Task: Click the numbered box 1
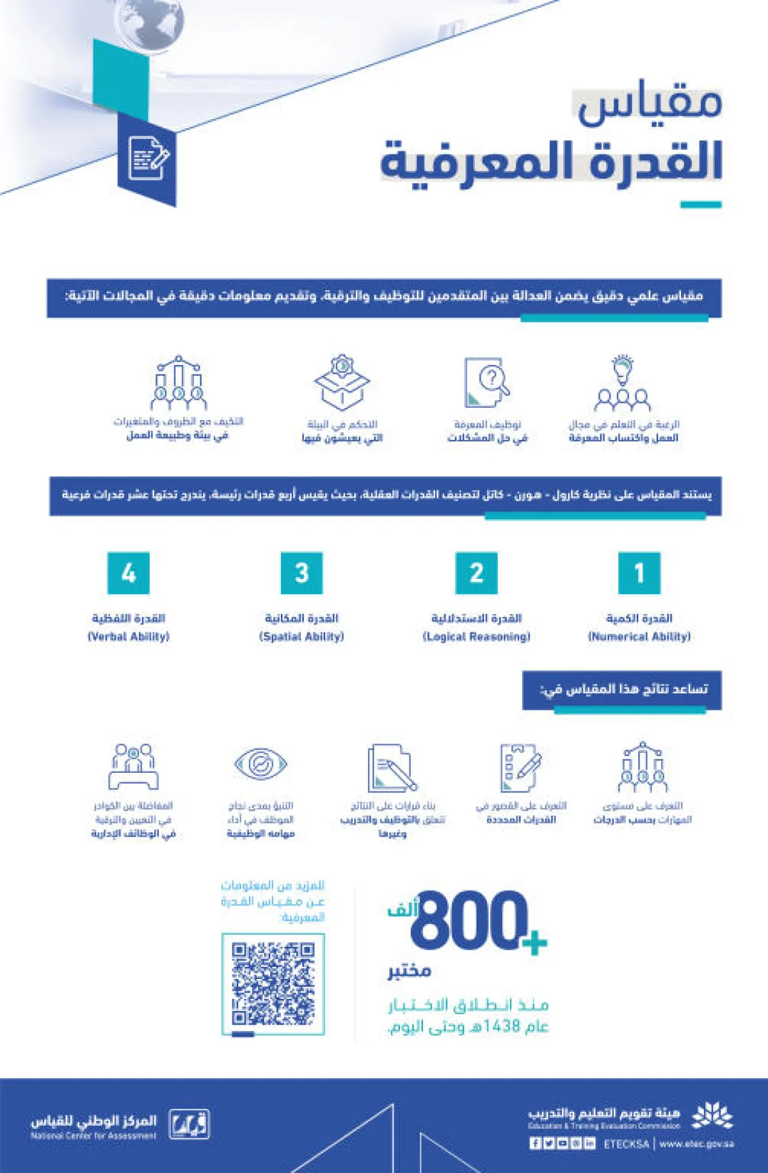(639, 573)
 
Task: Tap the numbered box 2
(476, 573)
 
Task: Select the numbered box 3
(301, 573)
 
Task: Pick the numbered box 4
(129, 573)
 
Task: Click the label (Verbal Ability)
(129, 636)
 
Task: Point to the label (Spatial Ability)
(301, 636)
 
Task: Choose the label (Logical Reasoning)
(477, 636)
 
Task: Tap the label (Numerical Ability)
(639, 636)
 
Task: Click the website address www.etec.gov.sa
(697, 1144)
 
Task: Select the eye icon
(260, 763)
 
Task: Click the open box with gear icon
(342, 382)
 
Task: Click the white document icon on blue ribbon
(149, 158)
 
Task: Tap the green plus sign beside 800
(535, 942)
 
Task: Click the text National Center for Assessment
(93, 1136)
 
